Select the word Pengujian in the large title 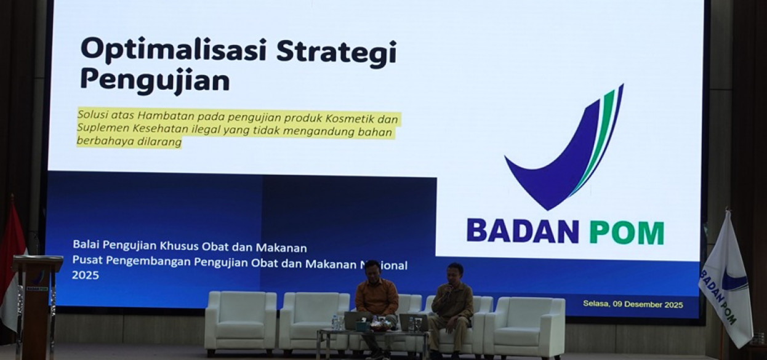155,81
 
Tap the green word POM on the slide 626,233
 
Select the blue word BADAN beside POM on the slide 523,231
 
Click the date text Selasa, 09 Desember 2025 633,304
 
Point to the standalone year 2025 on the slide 85,275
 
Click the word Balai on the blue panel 86,247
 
